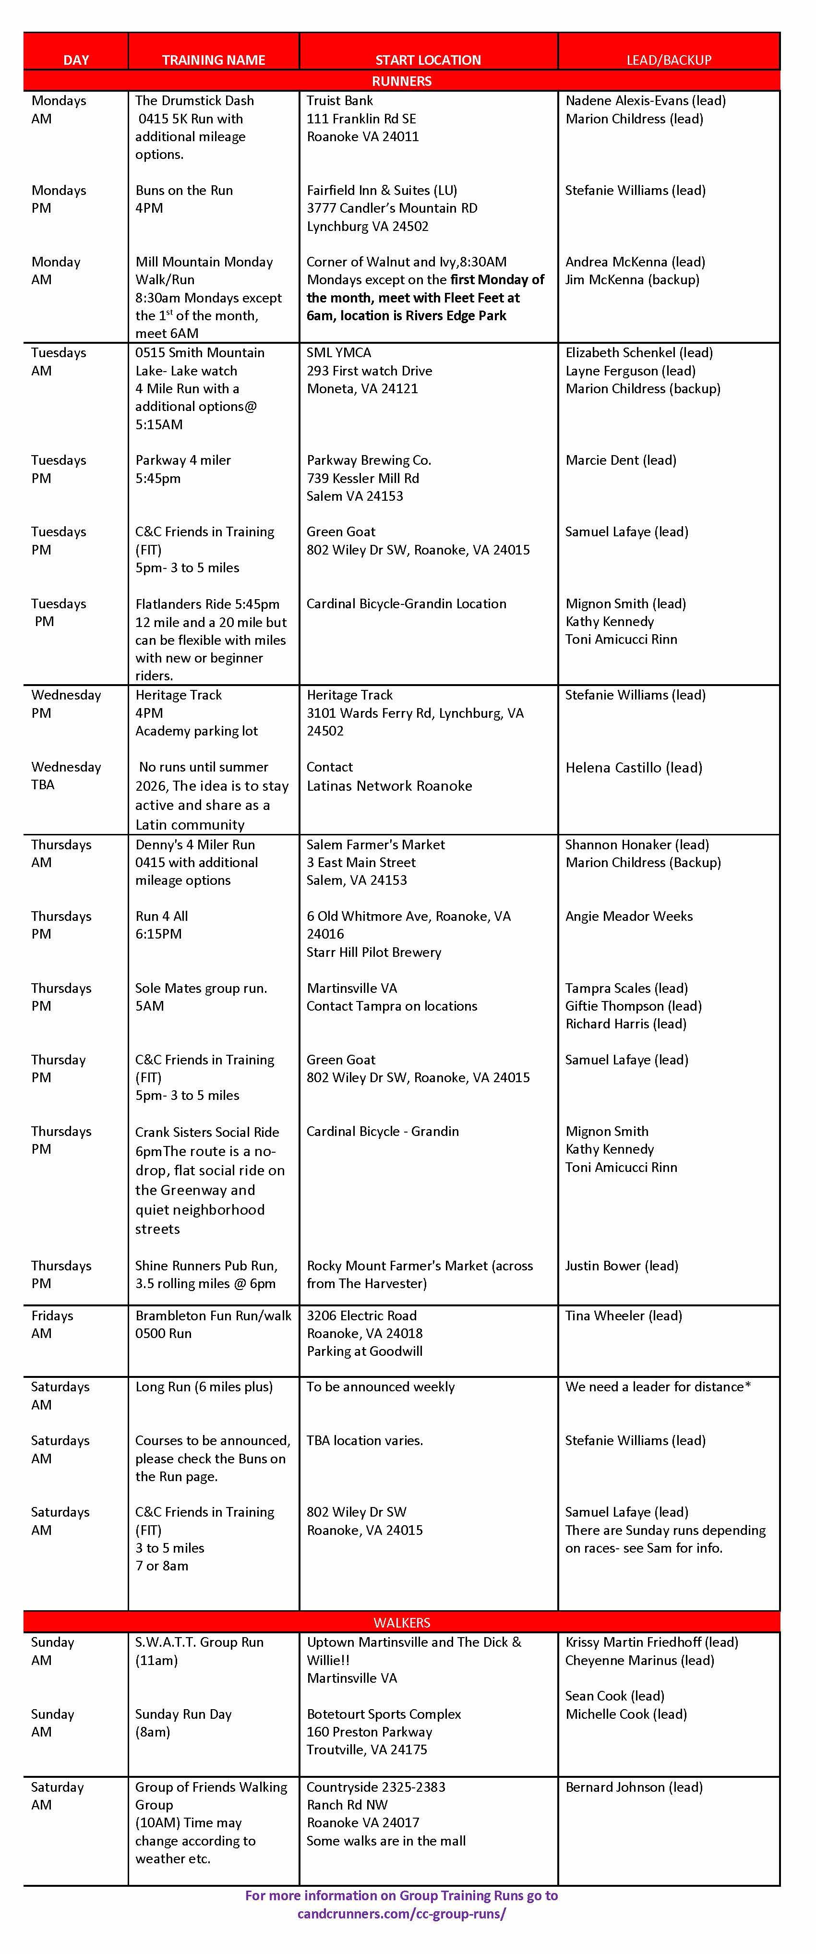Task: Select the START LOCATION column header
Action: click(428, 60)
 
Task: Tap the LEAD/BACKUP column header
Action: click(668, 60)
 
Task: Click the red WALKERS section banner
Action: click(401, 1623)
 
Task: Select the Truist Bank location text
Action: click(340, 101)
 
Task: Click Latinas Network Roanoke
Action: click(389, 786)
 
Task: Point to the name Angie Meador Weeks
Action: click(629, 917)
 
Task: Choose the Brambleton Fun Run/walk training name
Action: click(213, 1315)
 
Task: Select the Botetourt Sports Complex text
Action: click(384, 1714)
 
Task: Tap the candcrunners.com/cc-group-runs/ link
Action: click(401, 1914)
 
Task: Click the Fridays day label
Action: click(52, 1315)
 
